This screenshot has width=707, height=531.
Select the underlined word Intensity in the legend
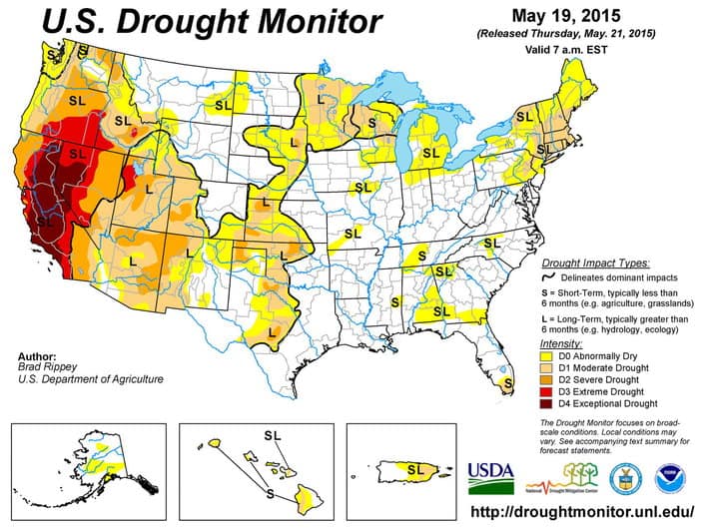[560, 342]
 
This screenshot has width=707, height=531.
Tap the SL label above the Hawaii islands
[273, 434]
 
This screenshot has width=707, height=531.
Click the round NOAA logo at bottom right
[668, 474]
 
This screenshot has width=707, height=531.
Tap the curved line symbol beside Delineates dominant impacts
[547, 276]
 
